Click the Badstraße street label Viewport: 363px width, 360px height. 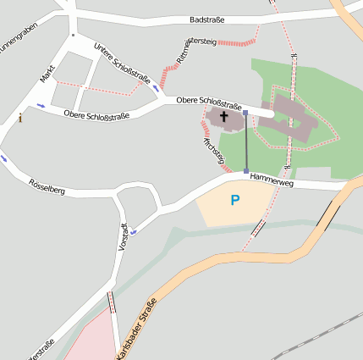(x=206, y=19)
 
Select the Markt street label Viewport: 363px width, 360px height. (x=47, y=75)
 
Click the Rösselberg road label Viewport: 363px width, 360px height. (x=47, y=186)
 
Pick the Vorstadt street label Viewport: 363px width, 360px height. (x=124, y=235)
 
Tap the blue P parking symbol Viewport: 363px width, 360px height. (x=235, y=200)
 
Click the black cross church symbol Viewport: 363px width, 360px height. (x=224, y=116)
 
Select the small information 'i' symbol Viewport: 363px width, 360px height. (x=20, y=119)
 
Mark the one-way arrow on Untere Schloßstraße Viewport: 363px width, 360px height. (x=155, y=87)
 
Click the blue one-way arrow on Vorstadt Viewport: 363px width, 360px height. (x=134, y=231)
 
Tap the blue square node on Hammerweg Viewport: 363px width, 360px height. (x=246, y=171)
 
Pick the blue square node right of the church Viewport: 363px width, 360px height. (x=245, y=112)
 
